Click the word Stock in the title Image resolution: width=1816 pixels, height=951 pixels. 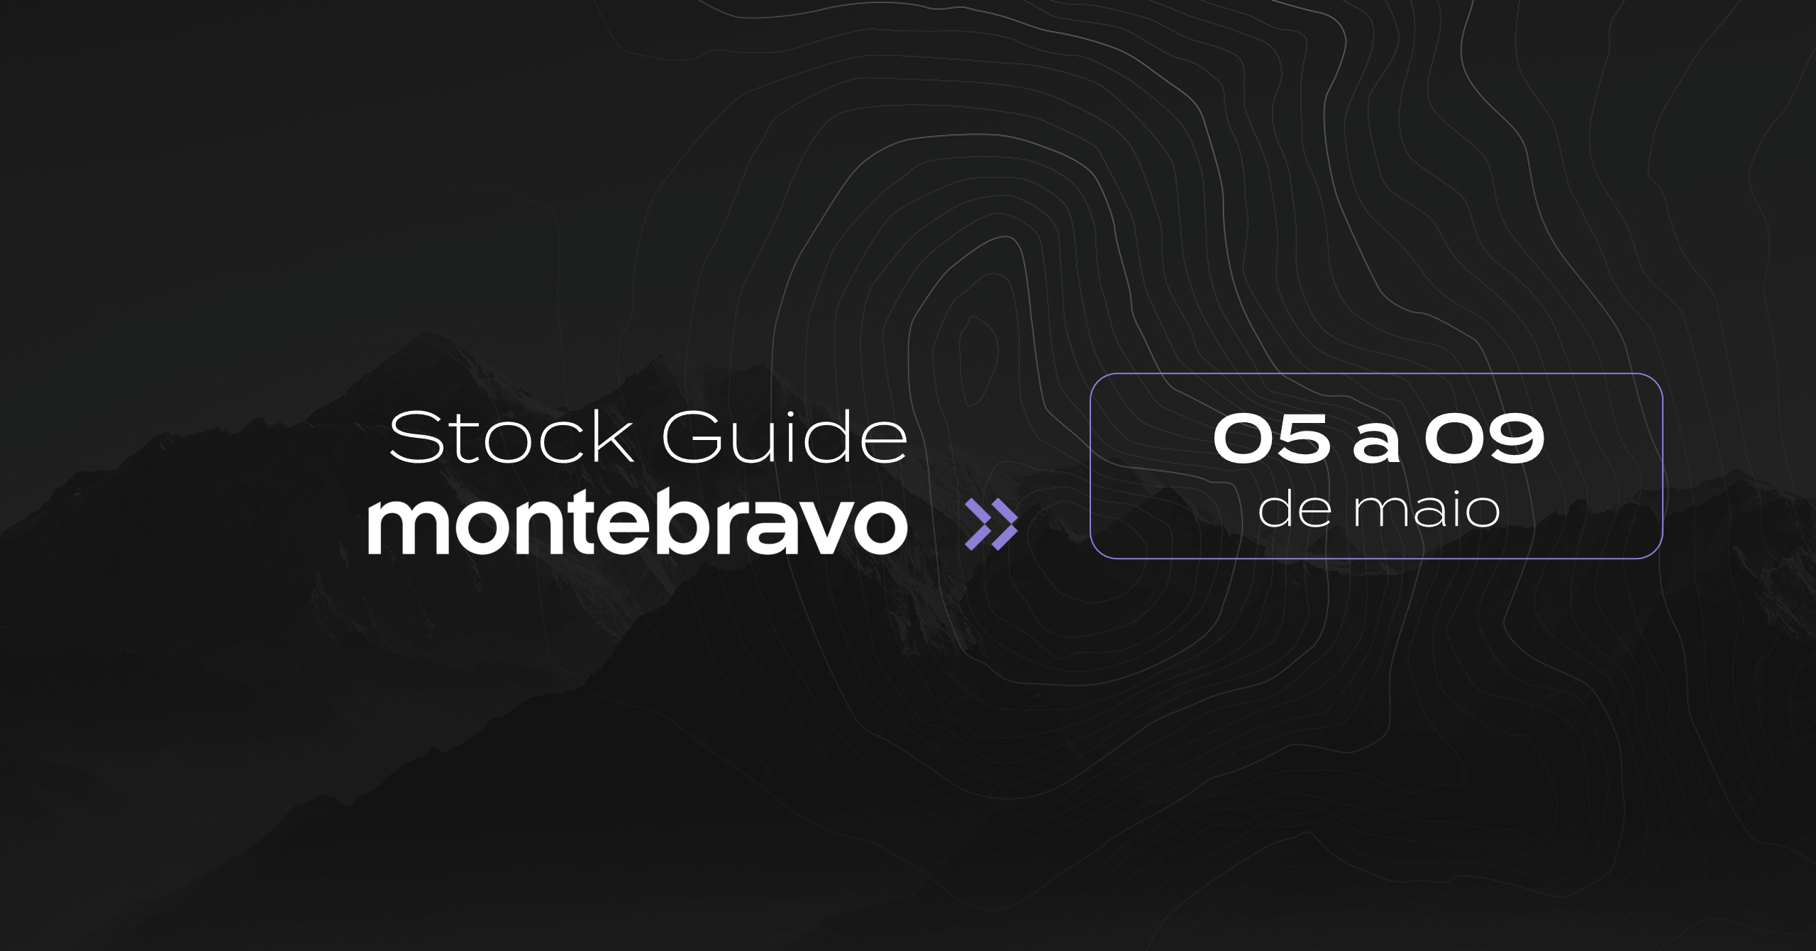(x=511, y=438)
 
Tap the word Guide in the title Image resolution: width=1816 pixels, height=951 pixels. (x=785, y=437)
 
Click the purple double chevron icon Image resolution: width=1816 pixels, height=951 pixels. (x=991, y=524)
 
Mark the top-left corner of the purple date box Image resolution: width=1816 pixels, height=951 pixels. (x=1090, y=373)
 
